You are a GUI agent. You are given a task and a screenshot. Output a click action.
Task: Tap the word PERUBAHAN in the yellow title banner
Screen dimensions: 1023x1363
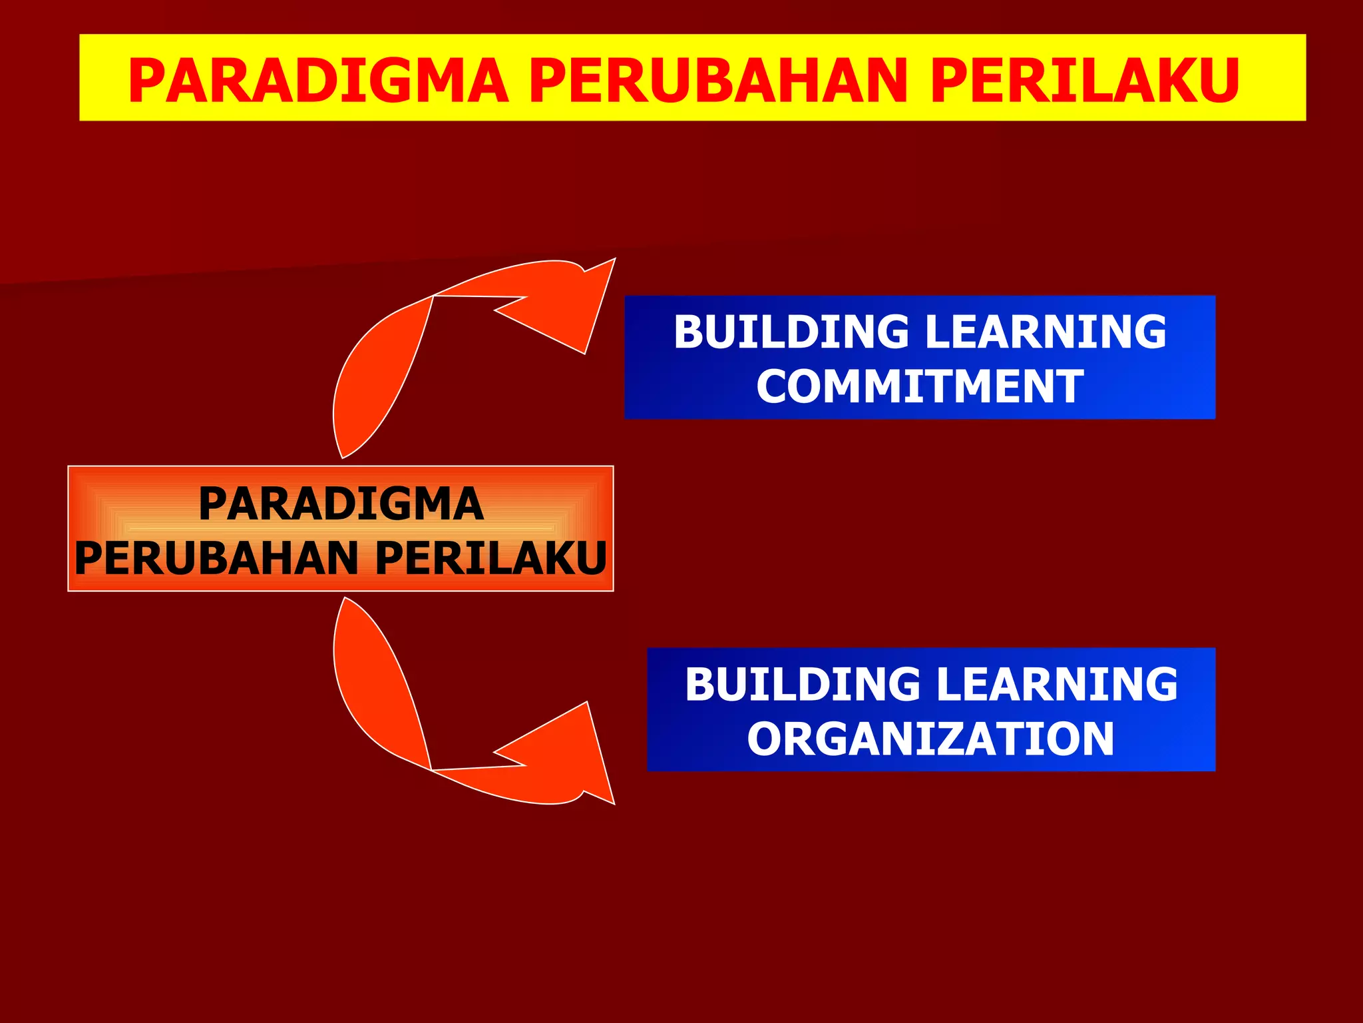pos(718,81)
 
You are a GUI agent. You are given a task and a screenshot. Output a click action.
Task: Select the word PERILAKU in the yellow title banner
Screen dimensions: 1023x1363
pos(1084,81)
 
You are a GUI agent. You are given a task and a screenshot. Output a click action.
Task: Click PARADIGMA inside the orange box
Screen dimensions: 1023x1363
pos(341,504)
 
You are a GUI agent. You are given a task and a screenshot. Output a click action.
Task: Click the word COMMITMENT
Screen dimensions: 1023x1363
pos(920,387)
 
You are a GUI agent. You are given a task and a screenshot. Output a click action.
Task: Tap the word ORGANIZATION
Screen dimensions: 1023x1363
pos(930,739)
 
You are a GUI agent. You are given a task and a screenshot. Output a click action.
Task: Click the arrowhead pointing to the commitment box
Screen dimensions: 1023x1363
pos(572,306)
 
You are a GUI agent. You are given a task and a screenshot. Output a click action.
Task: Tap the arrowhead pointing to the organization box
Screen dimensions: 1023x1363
pos(572,756)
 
